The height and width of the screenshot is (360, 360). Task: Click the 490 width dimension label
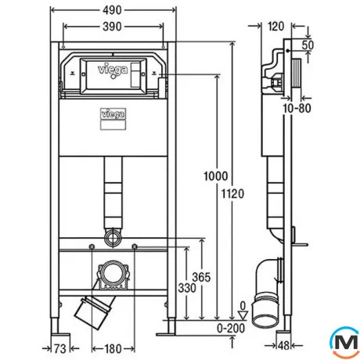pyautogui.click(x=112, y=10)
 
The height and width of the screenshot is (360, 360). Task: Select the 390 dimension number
pyautogui.click(x=112, y=27)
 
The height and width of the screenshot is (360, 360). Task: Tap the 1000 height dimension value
pyautogui.click(x=216, y=176)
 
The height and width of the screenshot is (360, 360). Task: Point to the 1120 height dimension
pyautogui.click(x=232, y=194)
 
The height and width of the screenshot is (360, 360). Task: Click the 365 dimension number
pyautogui.click(x=201, y=277)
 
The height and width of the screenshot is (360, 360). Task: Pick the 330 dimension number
pyautogui.click(x=187, y=288)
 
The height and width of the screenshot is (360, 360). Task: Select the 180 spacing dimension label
pyautogui.click(x=113, y=348)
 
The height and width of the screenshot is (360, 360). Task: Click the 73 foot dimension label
pyautogui.click(x=60, y=348)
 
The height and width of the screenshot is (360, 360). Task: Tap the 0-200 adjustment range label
pyautogui.click(x=231, y=328)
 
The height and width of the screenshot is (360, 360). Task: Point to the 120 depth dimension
pyautogui.click(x=276, y=27)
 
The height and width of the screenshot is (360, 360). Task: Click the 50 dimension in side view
pyautogui.click(x=308, y=45)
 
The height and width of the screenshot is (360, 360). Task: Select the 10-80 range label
pyautogui.click(x=297, y=108)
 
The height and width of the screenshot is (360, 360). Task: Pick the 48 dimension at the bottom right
pyautogui.click(x=284, y=346)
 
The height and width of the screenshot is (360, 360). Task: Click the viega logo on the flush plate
pyautogui.click(x=113, y=70)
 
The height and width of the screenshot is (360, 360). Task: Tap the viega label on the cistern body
pyautogui.click(x=113, y=114)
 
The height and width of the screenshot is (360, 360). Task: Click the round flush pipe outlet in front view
pyautogui.click(x=113, y=238)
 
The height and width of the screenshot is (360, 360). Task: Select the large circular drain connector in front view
pyautogui.click(x=113, y=274)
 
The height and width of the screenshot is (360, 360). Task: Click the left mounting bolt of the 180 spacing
pyautogui.click(x=92, y=247)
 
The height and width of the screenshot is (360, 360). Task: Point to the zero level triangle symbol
pyautogui.click(x=243, y=315)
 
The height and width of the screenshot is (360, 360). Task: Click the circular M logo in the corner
pyautogui.click(x=345, y=342)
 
